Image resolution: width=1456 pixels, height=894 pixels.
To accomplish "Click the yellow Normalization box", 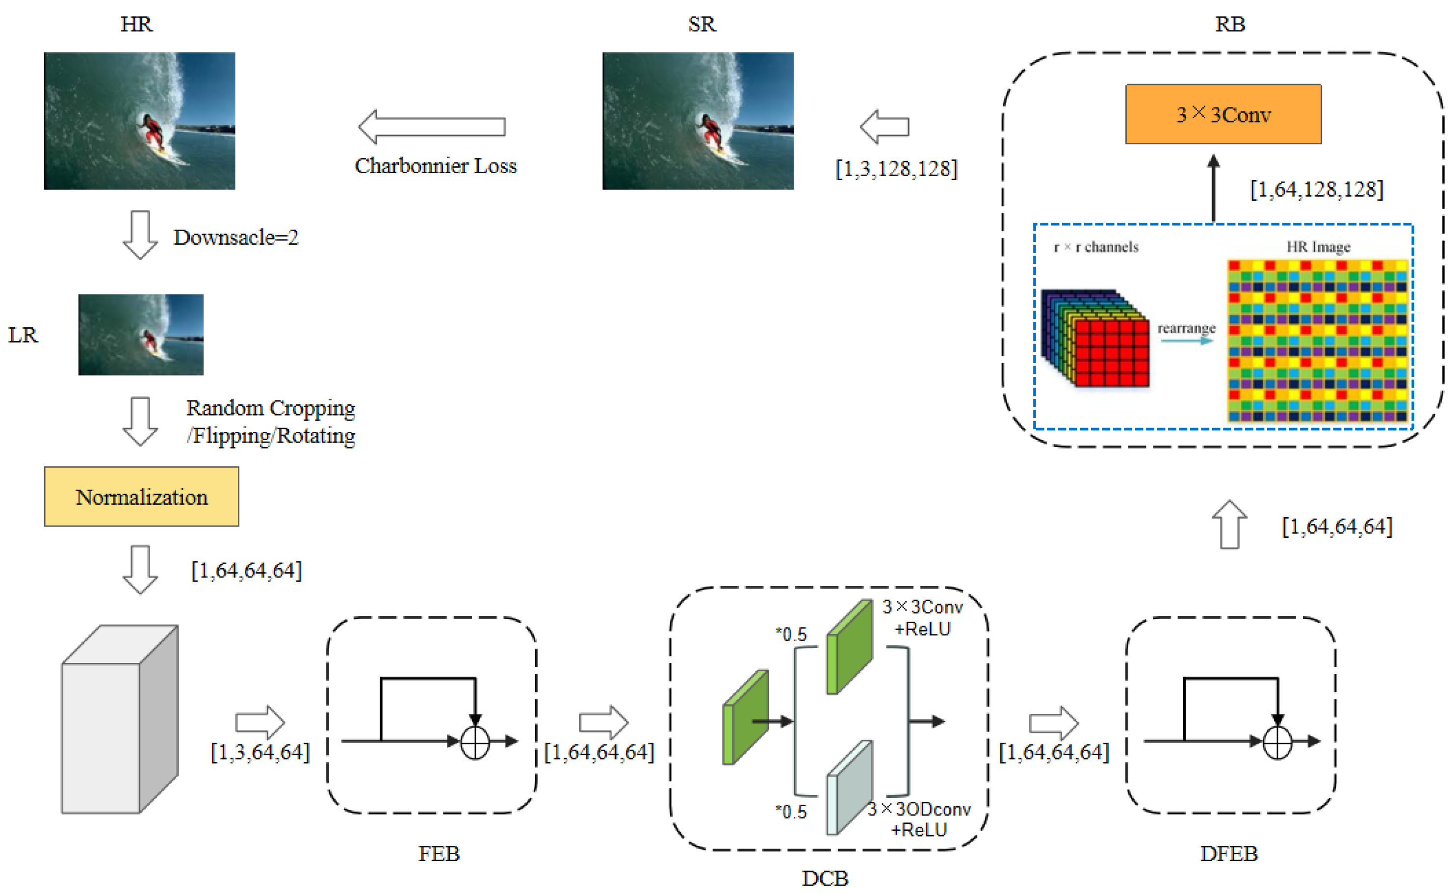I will point(141,497).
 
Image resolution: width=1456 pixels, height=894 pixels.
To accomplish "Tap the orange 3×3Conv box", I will point(1222,114).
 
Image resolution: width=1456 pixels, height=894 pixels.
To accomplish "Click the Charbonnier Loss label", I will point(435,166).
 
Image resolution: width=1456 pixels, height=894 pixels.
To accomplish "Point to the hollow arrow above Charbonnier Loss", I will point(432,127).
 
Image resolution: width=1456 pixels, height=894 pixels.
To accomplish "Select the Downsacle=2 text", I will point(235,237).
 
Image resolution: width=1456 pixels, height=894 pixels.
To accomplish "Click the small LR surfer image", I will point(141,335).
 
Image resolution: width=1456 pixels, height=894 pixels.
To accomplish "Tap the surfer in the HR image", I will point(153,133).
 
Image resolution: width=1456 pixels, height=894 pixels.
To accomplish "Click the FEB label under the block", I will point(438,854).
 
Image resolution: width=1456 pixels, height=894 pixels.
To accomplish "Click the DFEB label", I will point(1228,854).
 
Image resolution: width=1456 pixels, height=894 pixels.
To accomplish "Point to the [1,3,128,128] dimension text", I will point(896,169).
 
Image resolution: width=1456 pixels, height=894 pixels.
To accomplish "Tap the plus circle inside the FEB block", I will point(475,742).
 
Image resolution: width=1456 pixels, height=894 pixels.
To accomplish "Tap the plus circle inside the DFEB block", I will point(1277,742).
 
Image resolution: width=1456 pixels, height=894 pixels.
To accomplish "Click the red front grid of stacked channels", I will point(1111,353).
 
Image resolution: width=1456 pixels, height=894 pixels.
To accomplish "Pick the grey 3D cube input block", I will point(119,720).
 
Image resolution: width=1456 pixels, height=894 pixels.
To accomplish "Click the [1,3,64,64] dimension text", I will point(260,752).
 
